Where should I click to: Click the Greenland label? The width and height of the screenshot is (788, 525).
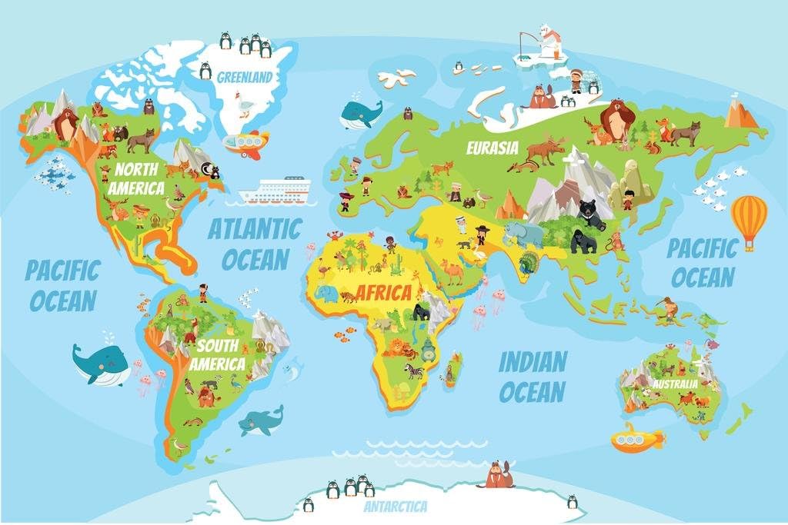244,77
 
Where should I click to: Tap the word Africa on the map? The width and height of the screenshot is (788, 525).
383,293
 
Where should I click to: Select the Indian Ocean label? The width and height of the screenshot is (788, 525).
533,376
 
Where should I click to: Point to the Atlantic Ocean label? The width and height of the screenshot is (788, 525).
254,243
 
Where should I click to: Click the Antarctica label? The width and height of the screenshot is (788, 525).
396,507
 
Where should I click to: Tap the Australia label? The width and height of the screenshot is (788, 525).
675,383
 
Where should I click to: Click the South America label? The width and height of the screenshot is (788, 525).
217,355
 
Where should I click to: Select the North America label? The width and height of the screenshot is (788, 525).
135,178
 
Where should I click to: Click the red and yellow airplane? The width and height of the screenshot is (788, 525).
246,143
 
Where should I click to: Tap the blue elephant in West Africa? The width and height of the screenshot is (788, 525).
326,295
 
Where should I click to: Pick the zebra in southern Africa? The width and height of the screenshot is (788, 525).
415,371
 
